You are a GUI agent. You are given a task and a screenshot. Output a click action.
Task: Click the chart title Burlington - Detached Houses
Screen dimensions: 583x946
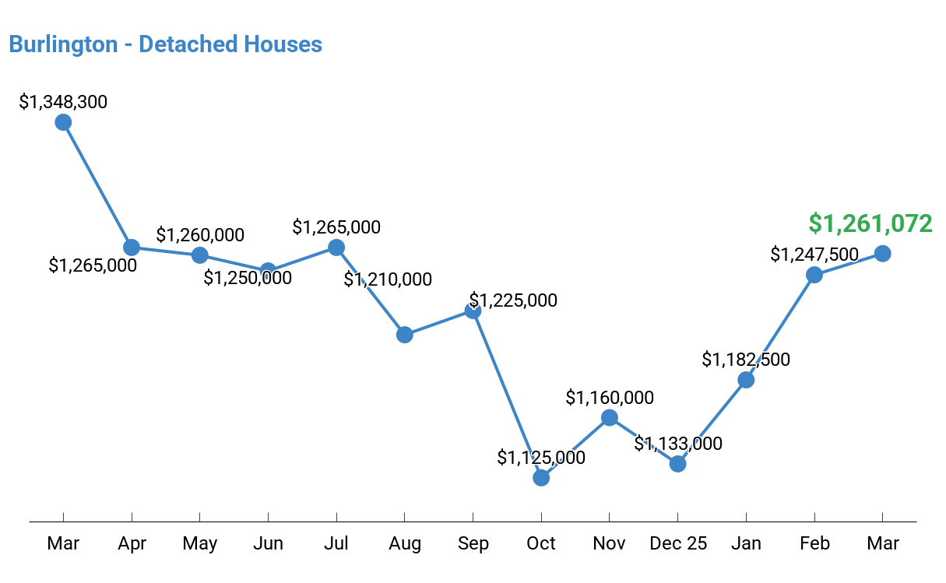[165, 44]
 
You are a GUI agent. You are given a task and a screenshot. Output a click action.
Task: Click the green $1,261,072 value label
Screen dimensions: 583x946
[870, 223]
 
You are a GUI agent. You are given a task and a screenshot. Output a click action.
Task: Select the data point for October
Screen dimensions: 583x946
[541, 477]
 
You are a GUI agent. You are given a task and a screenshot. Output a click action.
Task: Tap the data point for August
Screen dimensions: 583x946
[404, 335]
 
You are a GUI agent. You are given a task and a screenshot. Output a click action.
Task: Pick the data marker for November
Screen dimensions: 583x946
[610, 418]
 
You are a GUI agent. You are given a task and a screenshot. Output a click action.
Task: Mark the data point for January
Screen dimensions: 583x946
[746, 380]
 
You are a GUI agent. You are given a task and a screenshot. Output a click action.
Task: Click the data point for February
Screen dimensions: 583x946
[814, 274]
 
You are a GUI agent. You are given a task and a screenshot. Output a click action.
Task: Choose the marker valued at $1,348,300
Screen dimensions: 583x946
[63, 122]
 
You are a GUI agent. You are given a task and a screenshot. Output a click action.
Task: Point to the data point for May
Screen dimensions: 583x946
[200, 255]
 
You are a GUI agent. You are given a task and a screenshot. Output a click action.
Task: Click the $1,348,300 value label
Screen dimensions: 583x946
[63, 102]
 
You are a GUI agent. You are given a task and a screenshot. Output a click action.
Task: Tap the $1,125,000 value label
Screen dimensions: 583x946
[541, 458]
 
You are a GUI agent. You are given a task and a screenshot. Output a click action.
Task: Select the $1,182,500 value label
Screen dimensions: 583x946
[746, 360]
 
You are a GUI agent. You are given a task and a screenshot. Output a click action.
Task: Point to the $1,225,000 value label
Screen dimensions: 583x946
[513, 300]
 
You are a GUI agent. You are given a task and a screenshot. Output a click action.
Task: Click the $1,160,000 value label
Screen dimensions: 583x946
[610, 398]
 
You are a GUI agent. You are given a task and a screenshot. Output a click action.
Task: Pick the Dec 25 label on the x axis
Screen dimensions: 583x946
[678, 543]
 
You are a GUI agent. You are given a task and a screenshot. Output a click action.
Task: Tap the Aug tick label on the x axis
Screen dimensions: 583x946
[404, 543]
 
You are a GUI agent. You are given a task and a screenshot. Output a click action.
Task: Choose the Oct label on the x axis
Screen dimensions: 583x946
[541, 543]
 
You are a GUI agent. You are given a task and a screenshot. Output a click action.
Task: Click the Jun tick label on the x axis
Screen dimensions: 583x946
[268, 543]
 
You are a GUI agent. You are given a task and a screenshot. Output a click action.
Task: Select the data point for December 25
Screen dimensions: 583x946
[678, 463]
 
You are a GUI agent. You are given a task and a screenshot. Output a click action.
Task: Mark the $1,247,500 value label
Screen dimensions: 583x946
[814, 255]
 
